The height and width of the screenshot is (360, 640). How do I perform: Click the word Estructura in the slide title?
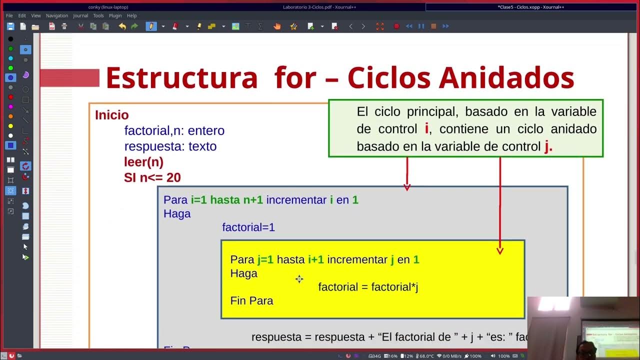point(181,78)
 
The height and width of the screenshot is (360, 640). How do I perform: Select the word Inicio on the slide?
point(111,115)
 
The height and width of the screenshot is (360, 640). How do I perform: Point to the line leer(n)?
point(143,162)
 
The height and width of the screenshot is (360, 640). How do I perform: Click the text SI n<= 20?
point(152,177)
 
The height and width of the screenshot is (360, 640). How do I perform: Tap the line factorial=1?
point(248,227)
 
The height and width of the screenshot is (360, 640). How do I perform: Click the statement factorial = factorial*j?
point(368,287)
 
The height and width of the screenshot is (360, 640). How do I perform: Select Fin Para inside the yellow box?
point(251,300)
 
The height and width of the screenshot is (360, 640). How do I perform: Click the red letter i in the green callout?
point(426,129)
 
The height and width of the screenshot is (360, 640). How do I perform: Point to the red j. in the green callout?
point(548,146)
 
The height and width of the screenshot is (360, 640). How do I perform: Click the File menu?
point(9,15)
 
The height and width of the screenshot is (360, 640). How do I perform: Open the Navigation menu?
point(56,15)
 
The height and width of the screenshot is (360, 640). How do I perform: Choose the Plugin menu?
point(115,15)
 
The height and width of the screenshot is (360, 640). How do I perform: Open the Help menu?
point(131,15)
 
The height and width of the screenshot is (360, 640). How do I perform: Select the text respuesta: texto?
point(170,146)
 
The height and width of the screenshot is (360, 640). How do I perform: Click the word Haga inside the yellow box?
point(243,273)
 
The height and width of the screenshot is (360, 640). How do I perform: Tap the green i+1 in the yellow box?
point(316,259)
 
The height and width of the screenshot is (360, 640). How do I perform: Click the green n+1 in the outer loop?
point(253,200)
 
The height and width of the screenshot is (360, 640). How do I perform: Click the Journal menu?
point(80,15)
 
